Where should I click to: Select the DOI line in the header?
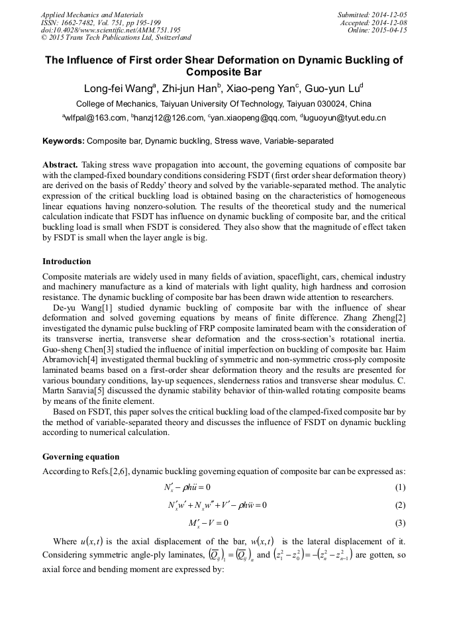click(111, 30)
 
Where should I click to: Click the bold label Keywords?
click(64, 141)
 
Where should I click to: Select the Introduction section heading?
click(67, 262)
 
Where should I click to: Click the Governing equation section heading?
click(81, 457)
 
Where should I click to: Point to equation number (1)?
click(399, 487)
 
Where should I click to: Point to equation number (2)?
click(399, 505)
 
